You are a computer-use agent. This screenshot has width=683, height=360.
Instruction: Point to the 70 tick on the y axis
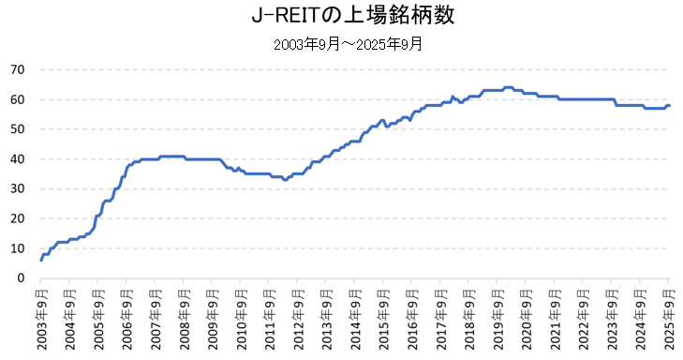18,69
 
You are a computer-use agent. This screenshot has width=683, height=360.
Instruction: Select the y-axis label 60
18,99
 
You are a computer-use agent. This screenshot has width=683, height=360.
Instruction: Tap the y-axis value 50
18,129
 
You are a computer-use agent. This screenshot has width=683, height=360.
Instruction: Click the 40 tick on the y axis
18,158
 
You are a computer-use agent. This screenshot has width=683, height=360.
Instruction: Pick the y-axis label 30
18,188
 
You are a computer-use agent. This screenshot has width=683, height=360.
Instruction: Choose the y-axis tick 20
18,218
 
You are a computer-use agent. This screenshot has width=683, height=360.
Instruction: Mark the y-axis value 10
18,248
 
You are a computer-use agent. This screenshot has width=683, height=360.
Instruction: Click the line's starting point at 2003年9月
41,260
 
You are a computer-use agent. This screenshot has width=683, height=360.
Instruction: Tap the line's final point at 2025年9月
669,105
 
